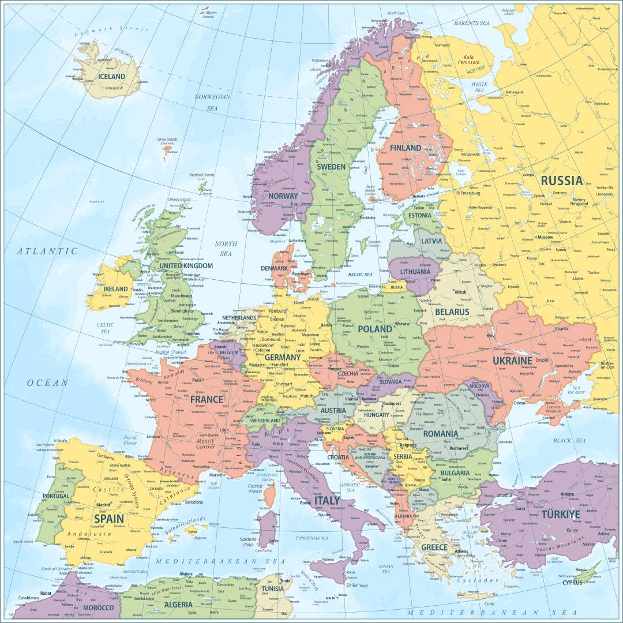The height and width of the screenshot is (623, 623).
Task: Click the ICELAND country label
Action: pos(111,76)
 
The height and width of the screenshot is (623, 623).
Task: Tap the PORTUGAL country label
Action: pos(57,496)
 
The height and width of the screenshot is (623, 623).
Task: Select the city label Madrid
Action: pos(103,504)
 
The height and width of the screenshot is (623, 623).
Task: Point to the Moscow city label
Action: pos(545,237)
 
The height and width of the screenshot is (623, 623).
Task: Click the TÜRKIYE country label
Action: pos(560,514)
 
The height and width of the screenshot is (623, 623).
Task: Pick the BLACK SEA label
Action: pos(569,441)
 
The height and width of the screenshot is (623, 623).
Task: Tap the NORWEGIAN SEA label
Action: pos(212,102)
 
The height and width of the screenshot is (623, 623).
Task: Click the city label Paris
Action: pos(197,380)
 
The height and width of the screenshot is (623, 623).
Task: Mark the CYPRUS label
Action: pos(576,583)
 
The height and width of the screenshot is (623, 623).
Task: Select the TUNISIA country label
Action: pos(272,588)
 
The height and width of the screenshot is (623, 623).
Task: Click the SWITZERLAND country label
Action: pos(265,421)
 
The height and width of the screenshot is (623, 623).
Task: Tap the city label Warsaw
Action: pos(401,324)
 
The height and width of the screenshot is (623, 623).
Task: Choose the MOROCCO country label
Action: pos(98,607)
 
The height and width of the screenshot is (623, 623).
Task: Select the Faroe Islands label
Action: pos(168,140)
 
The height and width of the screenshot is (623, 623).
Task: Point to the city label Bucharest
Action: pos(460,448)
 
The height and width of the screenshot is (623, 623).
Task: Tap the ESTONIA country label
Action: pos(419,215)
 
